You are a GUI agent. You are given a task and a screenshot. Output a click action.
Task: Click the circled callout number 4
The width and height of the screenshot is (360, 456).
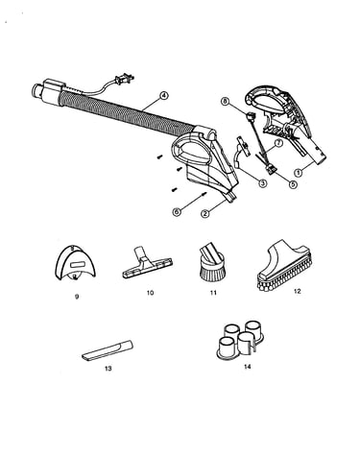[163, 95]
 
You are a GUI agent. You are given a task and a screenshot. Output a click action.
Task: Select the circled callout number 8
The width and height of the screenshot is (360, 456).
[225, 102]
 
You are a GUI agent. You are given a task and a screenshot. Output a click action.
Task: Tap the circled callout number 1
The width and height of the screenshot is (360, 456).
[299, 173]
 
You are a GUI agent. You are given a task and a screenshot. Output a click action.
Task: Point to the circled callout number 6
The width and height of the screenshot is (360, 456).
[176, 212]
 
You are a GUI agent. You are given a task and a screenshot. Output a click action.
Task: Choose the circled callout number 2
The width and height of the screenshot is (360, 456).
[205, 213]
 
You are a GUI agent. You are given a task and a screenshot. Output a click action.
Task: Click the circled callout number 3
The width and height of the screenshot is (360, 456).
[262, 183]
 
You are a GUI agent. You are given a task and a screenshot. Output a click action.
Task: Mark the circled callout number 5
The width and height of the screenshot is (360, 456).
[293, 184]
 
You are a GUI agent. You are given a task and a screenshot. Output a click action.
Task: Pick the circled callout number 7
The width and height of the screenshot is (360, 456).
[278, 143]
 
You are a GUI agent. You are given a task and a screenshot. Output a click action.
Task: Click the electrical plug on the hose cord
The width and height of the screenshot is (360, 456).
[125, 79]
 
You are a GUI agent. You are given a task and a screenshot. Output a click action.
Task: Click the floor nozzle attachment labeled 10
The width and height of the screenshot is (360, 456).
[147, 262]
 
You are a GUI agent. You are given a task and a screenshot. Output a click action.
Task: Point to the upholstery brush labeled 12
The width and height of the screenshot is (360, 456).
[284, 265]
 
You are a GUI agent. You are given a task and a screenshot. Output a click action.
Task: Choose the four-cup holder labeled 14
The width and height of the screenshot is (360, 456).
[241, 341]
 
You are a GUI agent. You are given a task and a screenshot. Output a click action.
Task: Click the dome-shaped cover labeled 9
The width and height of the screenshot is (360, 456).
[76, 263]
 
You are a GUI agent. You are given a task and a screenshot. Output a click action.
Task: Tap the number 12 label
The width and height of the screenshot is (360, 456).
[297, 291]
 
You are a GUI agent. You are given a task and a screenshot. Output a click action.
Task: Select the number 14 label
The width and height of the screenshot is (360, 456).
[247, 367]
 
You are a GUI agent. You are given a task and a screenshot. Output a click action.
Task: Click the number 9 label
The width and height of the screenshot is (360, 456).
[77, 297]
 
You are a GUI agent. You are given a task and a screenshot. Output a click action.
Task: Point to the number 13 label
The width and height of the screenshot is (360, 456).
[108, 369]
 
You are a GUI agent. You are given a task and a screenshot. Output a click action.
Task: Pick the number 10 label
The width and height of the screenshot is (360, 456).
[150, 293]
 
